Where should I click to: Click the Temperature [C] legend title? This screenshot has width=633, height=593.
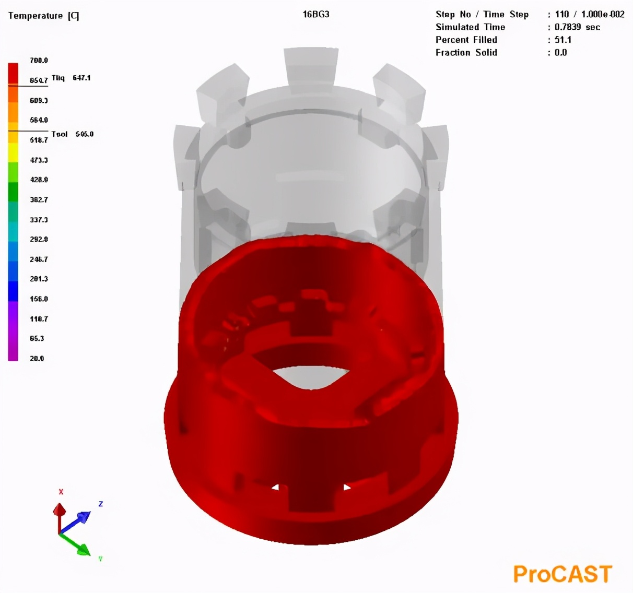44,16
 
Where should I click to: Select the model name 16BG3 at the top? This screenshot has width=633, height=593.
316,14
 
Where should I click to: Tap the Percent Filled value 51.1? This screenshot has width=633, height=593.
563,40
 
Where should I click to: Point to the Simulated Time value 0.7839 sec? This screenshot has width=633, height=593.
577,27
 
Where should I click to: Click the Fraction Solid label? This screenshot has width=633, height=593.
466,52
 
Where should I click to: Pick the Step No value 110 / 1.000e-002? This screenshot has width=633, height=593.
590,14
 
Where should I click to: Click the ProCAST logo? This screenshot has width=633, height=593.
562,574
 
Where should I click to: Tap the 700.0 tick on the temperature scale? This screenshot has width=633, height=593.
39,61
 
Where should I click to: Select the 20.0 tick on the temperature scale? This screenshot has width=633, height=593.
37,359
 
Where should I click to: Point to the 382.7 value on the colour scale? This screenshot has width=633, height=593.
39,200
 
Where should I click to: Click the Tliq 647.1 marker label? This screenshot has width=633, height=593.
71,78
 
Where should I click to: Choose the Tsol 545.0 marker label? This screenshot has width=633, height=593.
72,134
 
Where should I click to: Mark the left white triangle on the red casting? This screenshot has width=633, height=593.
275,488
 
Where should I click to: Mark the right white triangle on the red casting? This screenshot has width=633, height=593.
346,488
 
